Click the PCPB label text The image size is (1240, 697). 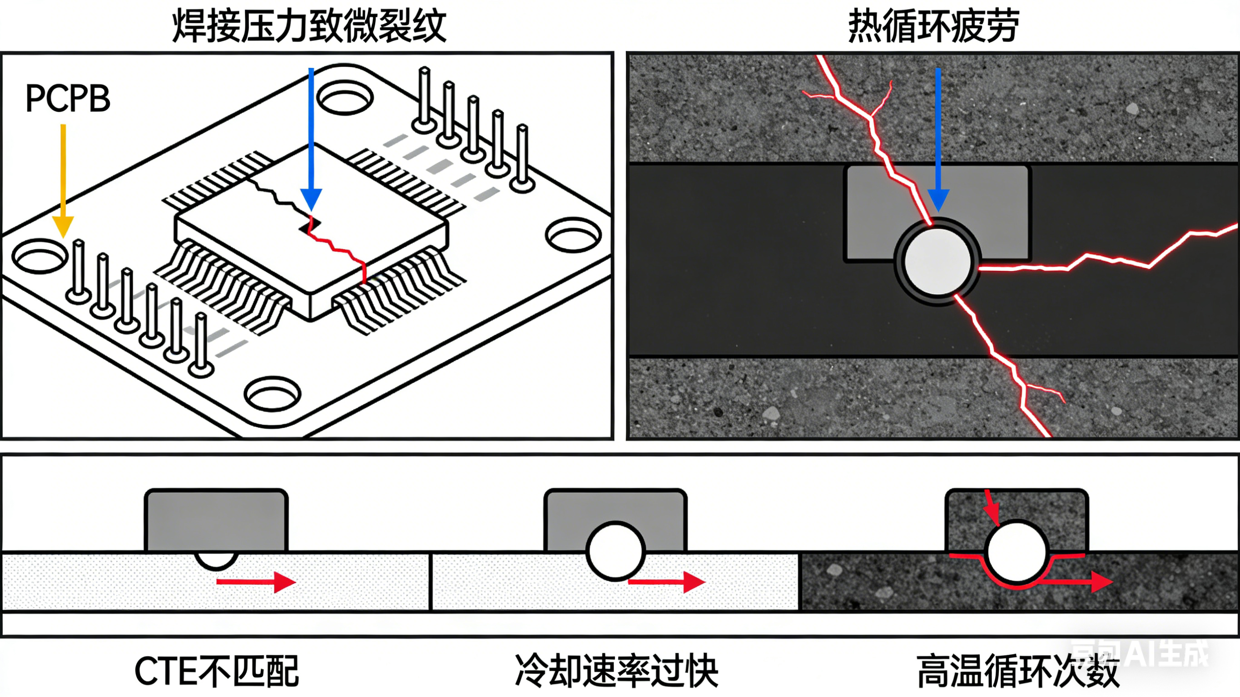coord(68,99)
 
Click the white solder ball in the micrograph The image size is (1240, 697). coord(937,262)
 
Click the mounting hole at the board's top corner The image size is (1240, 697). coord(345,98)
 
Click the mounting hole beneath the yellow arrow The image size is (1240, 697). coord(40,257)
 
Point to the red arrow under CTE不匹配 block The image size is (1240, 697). coord(256,582)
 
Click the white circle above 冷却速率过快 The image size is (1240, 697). coord(615,551)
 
